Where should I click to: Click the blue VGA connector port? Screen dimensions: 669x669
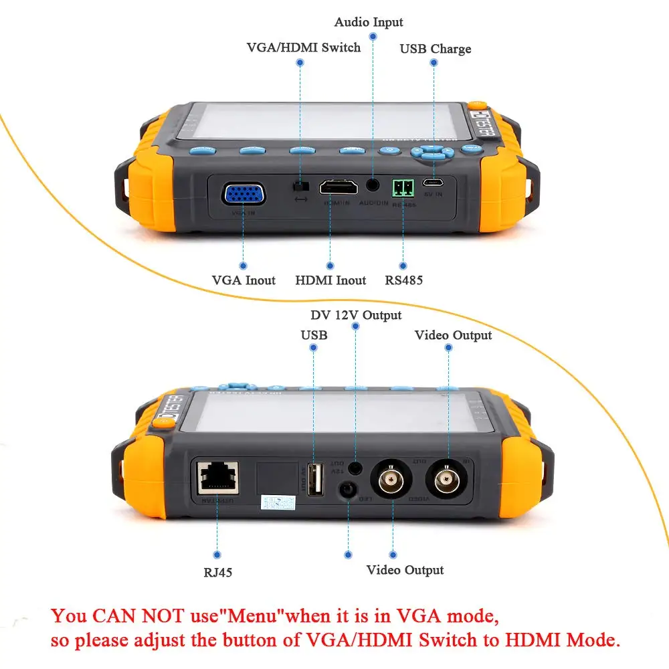(244, 195)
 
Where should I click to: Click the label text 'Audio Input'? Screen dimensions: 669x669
(369, 23)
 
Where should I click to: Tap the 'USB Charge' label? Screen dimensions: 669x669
(436, 49)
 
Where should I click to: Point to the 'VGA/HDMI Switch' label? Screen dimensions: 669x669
(304, 47)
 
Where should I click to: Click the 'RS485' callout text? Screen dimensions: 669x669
(403, 280)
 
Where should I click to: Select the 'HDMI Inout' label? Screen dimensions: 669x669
(330, 280)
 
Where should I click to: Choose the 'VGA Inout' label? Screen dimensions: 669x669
(244, 280)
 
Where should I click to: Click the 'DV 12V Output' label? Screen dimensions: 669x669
(356, 315)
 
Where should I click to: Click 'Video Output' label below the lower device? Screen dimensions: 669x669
(405, 570)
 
